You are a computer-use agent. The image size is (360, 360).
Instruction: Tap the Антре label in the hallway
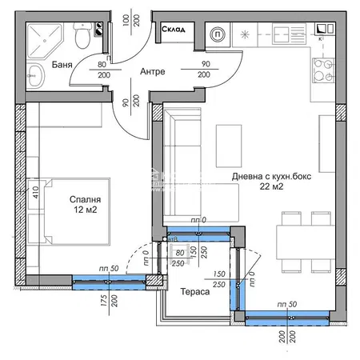pos(152,72)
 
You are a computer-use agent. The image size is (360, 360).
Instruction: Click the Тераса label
pos(194,293)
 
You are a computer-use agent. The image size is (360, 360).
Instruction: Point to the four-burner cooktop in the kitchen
pos(323,70)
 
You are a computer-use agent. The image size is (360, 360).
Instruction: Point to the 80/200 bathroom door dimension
pos(102,72)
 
